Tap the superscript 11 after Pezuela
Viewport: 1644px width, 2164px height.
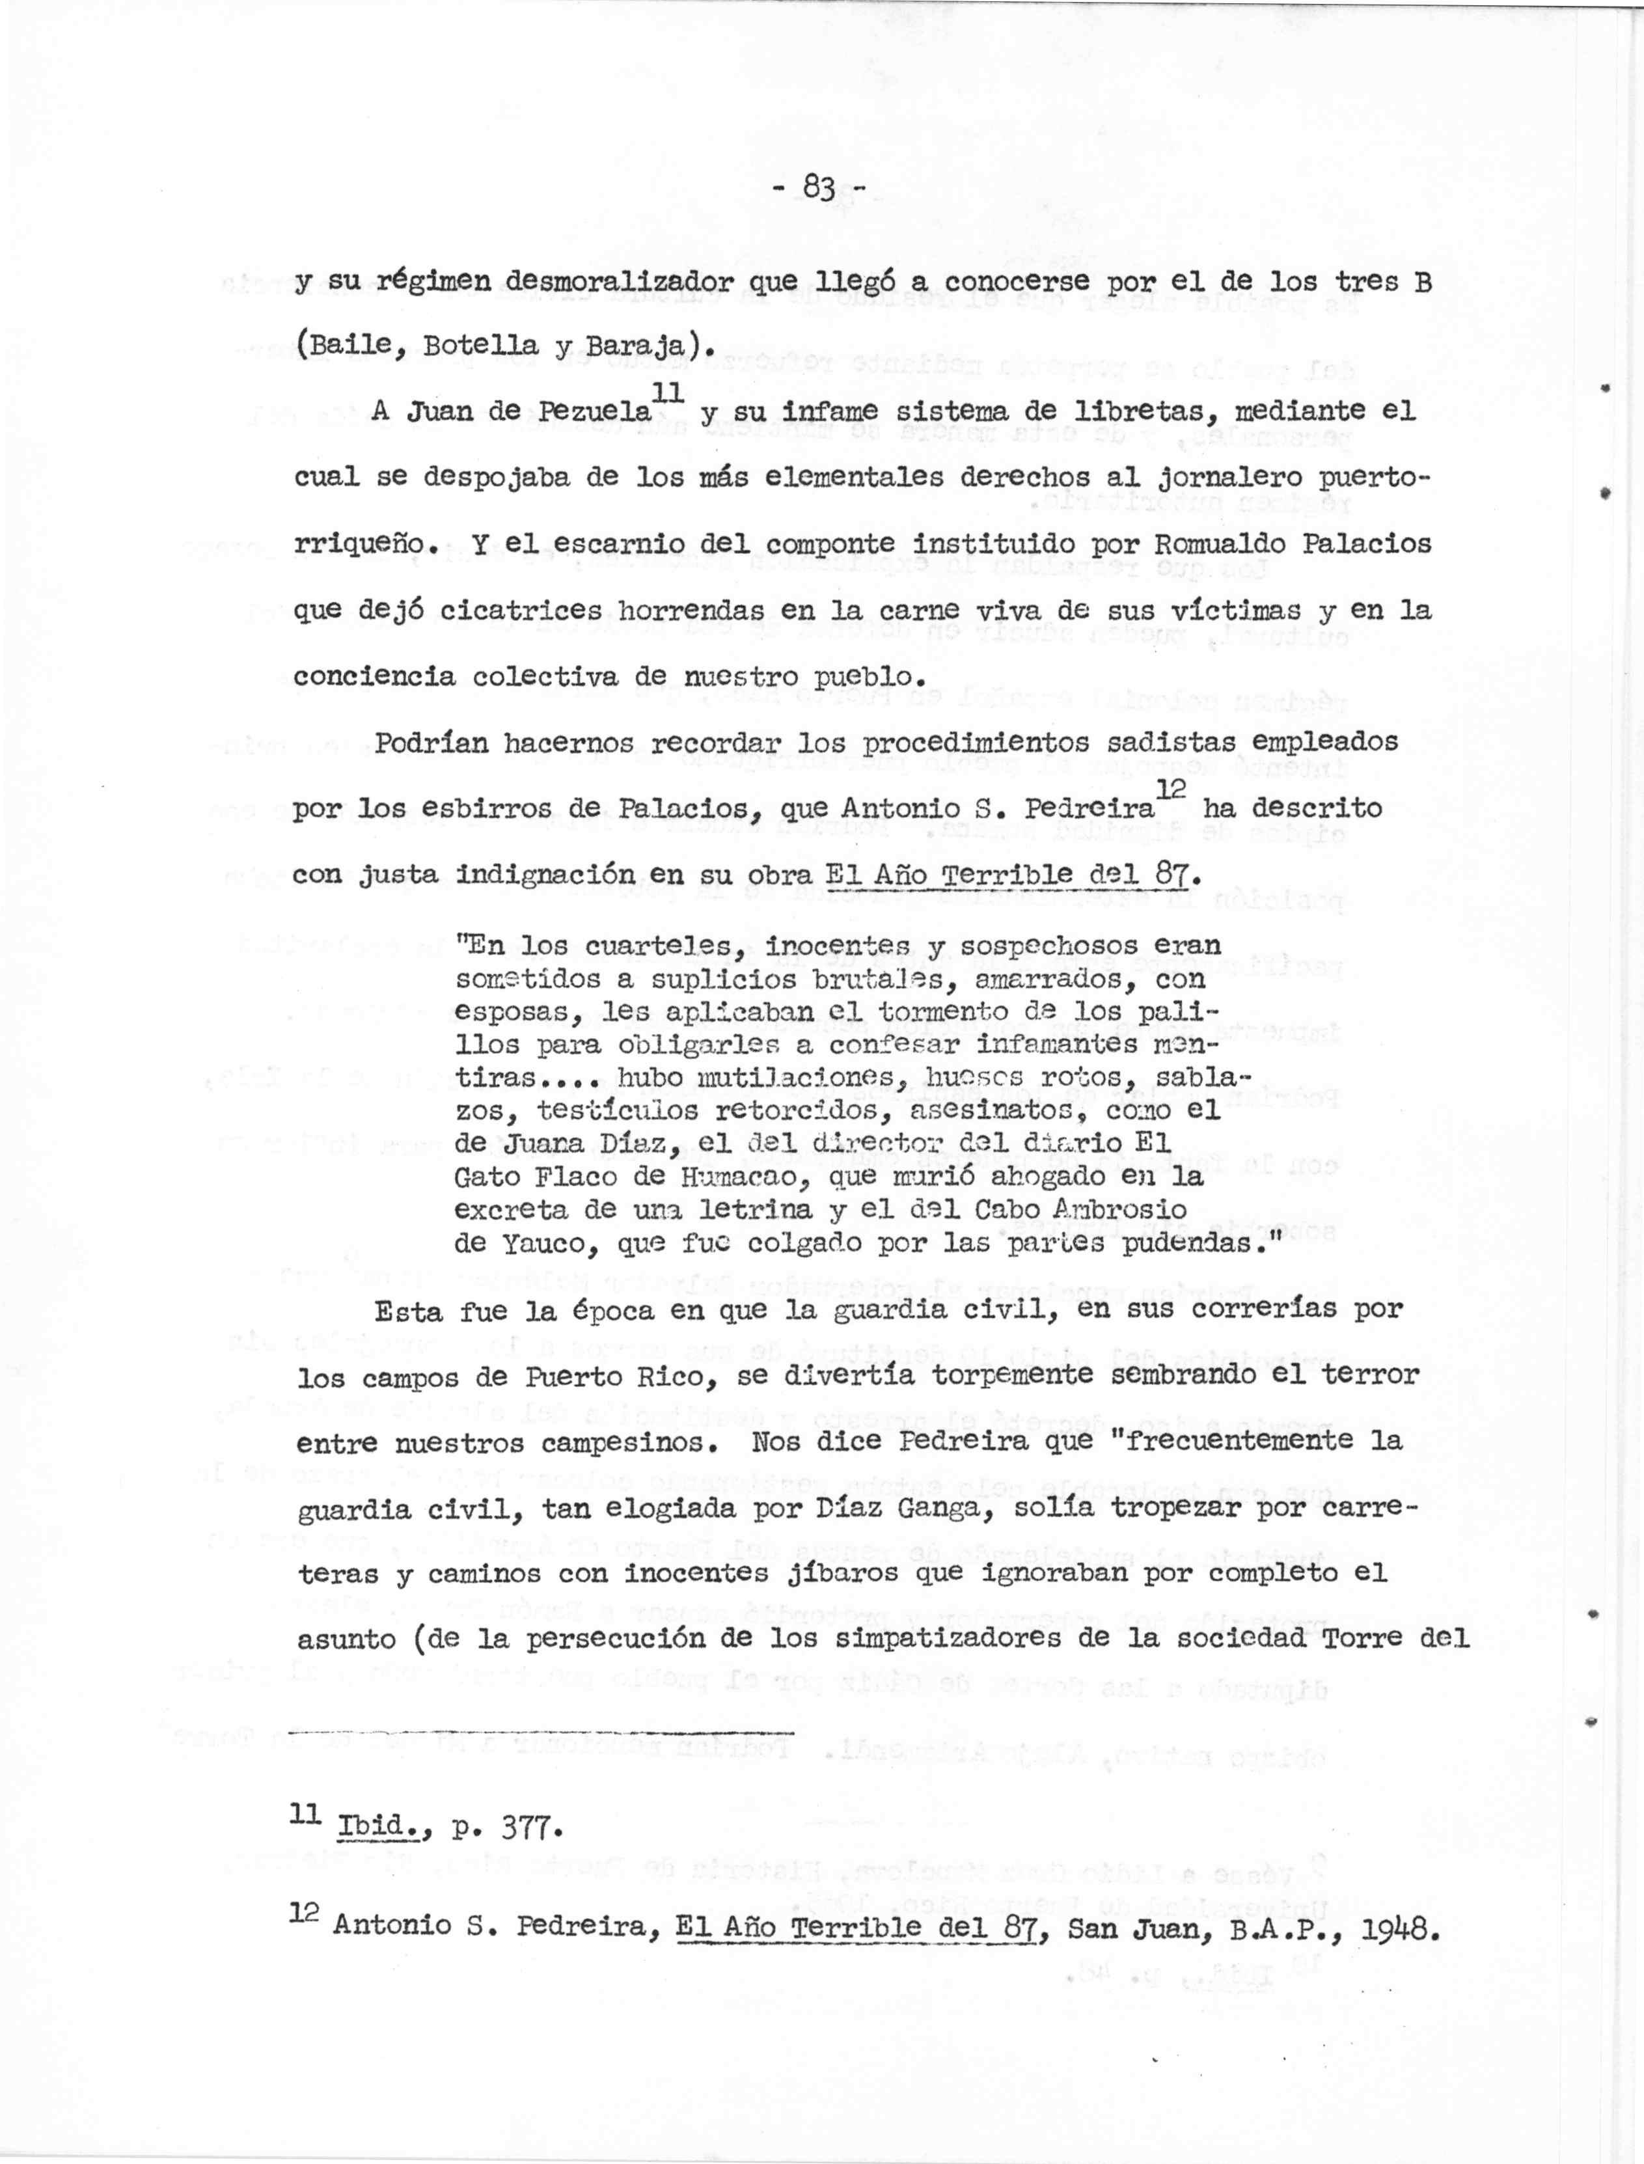click(666, 393)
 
